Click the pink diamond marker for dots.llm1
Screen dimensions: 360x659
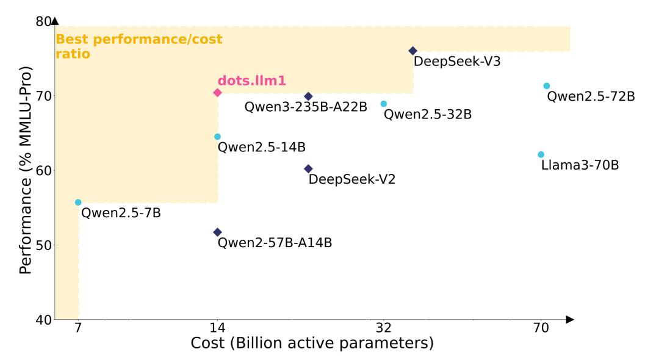(x=217, y=92)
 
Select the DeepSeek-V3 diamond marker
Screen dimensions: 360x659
(x=412, y=51)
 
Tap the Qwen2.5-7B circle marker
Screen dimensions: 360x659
(x=78, y=203)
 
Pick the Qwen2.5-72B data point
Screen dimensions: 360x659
(x=547, y=86)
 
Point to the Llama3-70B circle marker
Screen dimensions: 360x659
(x=541, y=154)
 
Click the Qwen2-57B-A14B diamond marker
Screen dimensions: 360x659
(x=217, y=232)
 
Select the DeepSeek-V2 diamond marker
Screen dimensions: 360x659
(x=308, y=168)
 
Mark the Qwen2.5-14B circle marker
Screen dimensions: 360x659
(x=217, y=137)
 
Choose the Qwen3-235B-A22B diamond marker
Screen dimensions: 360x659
(x=308, y=96)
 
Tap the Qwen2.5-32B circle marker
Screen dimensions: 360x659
(x=384, y=104)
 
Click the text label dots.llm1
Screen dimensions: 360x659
(x=252, y=81)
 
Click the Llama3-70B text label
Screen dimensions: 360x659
(x=580, y=165)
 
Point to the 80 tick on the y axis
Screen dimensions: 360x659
(x=43, y=21)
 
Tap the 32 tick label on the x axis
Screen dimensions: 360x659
(x=384, y=328)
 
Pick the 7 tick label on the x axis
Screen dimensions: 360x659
(x=78, y=328)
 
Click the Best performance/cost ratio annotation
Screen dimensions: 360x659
(x=139, y=46)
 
